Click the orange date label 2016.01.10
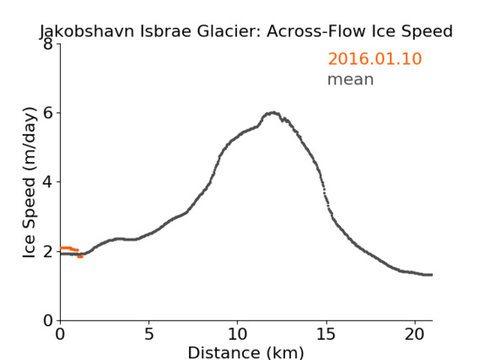[x=375, y=59]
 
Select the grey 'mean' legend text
[x=351, y=79]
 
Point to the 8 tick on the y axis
[x=48, y=44]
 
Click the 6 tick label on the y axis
[x=48, y=113]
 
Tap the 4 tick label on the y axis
[x=48, y=182]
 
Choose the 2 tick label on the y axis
[x=48, y=251]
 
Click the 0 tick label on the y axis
[x=48, y=320]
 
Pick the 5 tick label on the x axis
[x=148, y=335]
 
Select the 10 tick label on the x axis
[x=237, y=335]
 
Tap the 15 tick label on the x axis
[x=326, y=335]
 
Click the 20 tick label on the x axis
[x=414, y=335]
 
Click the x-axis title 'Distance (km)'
[x=245, y=352]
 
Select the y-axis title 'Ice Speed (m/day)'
[x=30, y=182]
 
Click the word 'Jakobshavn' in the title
[x=87, y=31]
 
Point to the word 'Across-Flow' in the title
[x=316, y=31]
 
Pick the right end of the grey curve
[x=432, y=275]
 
